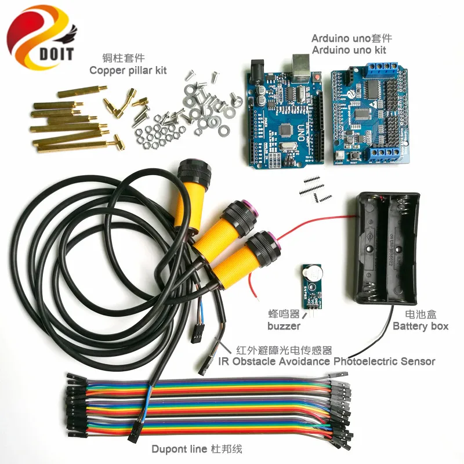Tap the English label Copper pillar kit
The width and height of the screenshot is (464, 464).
pos(128,70)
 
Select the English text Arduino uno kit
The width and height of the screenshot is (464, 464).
pos(349,50)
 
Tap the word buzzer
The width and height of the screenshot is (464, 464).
pos(284,326)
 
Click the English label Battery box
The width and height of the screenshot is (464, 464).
pos(420,326)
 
